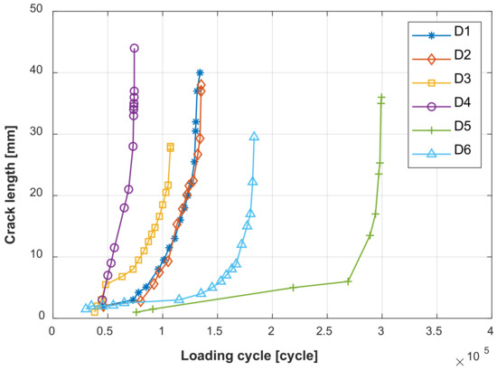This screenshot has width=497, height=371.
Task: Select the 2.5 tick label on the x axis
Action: pyautogui.click(x=326, y=332)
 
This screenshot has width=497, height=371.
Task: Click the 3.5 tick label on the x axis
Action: pyautogui.click(x=436, y=332)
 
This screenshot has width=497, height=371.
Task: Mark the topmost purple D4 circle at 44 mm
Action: pyautogui.click(x=135, y=48)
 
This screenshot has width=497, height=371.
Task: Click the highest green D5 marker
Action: pyautogui.click(x=381, y=97)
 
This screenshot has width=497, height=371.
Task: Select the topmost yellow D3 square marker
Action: pyautogui.click(x=170, y=147)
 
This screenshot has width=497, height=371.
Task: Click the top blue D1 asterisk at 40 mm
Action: pyautogui.click(x=200, y=72)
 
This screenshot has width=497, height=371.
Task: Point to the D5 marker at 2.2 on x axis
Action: pyautogui.click(x=293, y=287)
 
